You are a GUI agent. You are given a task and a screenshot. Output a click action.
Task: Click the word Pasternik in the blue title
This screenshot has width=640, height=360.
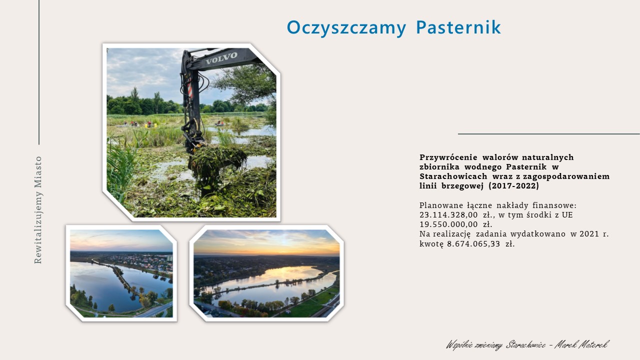[x=458, y=27]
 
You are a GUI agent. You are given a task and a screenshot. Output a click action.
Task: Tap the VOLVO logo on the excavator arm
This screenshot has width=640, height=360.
[x=221, y=58]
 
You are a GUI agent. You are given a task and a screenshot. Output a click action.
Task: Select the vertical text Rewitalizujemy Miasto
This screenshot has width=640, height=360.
[x=38, y=209]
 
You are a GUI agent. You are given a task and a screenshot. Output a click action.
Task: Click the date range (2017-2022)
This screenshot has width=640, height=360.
[x=513, y=185]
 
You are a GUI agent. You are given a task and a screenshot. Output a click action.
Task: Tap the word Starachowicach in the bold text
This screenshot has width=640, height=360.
[x=453, y=176]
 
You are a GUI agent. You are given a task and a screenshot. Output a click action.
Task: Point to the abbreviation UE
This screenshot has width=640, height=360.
[x=567, y=215]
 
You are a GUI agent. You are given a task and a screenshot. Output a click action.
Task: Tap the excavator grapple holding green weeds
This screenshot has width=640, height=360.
[x=216, y=160]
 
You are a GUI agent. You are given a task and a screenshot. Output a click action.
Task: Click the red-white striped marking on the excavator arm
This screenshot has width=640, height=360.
[x=190, y=89]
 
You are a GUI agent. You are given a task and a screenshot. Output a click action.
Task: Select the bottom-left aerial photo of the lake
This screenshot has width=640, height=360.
[x=121, y=273]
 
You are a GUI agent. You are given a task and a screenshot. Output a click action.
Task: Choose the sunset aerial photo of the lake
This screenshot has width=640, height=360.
[x=266, y=273]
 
